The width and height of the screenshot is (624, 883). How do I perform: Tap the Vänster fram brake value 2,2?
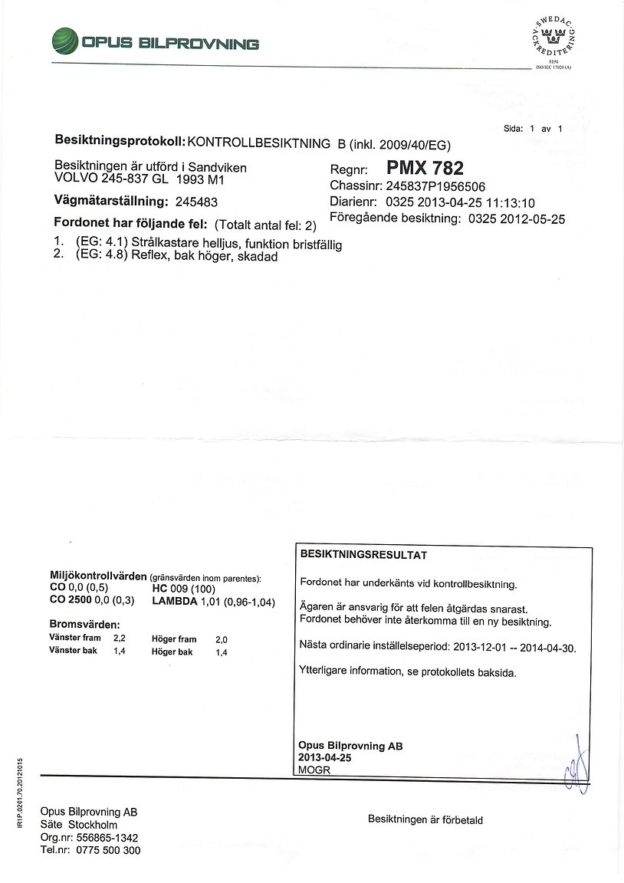pyautogui.click(x=120, y=638)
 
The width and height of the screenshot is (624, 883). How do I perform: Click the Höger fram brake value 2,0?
pyautogui.click(x=222, y=638)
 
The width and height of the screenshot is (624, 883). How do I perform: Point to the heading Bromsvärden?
pyautogui.click(x=85, y=624)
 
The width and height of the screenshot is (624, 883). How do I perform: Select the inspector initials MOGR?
pyautogui.click(x=314, y=770)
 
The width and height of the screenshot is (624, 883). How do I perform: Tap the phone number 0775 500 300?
pyautogui.click(x=108, y=850)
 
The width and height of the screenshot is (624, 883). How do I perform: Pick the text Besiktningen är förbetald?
pyautogui.click(x=425, y=819)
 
